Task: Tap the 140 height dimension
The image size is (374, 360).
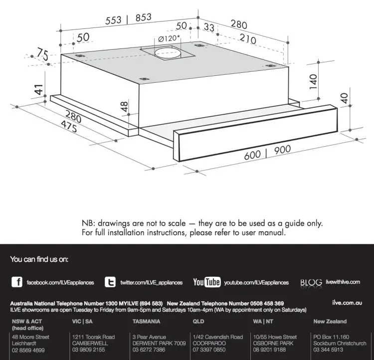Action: coord(313,81)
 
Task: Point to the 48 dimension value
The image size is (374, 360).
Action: coord(124,106)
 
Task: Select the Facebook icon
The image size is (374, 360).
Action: coord(16,282)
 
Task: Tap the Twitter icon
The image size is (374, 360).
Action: coord(110,282)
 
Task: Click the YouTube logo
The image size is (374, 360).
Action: coord(206,282)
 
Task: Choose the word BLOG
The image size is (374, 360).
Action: coord(311,283)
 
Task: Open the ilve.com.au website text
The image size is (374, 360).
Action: coord(347,302)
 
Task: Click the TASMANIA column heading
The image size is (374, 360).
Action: coord(146,322)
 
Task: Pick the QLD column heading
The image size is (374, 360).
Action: coord(198,322)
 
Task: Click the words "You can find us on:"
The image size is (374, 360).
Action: coord(39,259)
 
